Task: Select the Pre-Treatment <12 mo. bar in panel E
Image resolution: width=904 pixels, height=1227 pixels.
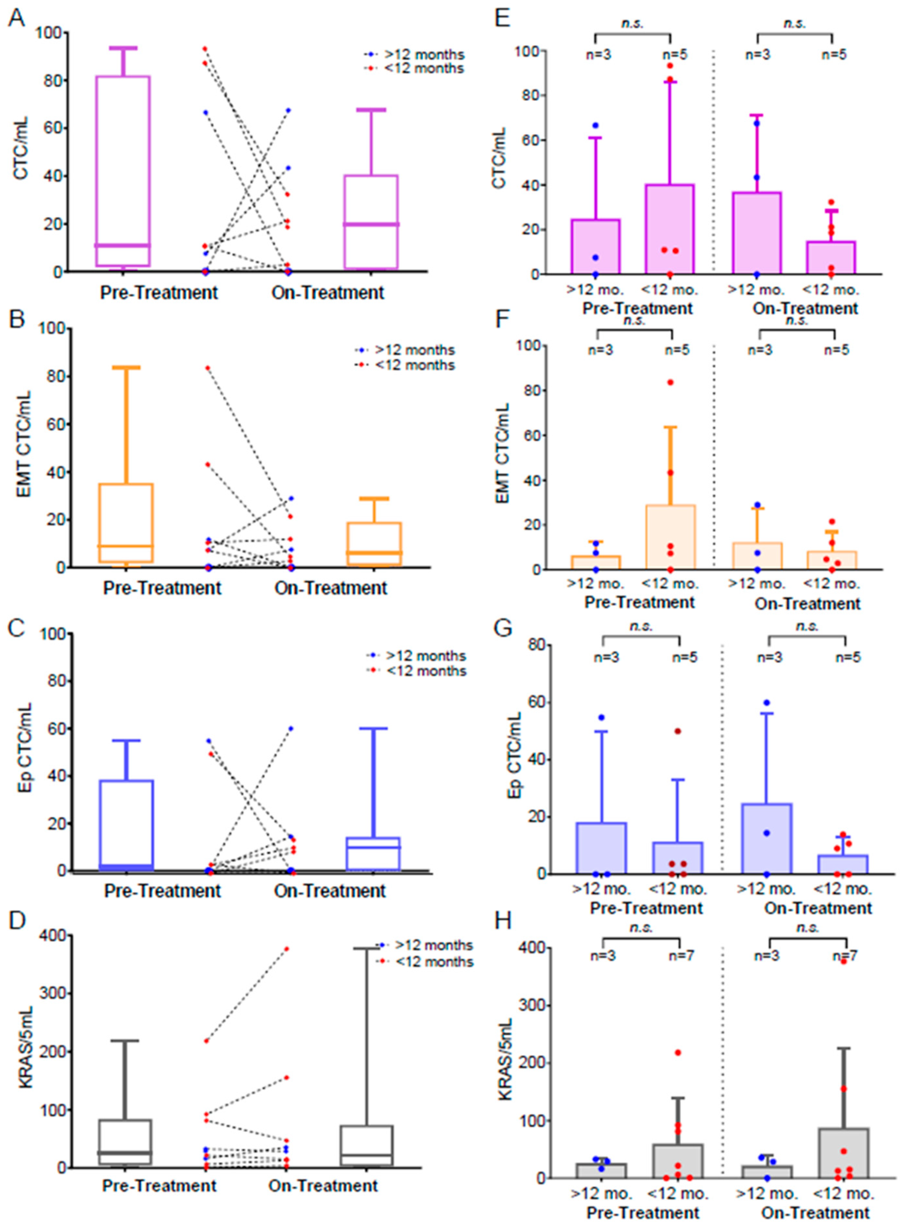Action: pos(670,230)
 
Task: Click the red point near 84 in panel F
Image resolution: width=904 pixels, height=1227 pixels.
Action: pos(670,382)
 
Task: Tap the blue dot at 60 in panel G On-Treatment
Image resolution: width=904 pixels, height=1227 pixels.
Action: pos(767,702)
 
